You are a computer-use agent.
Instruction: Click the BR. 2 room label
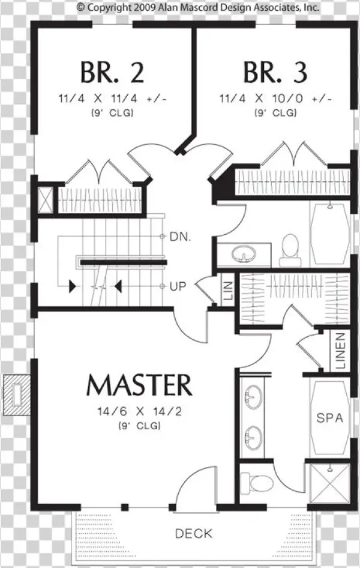(x=112, y=73)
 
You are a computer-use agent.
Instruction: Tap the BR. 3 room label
(x=275, y=73)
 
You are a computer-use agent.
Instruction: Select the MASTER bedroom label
(x=139, y=385)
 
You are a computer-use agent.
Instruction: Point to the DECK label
(x=194, y=534)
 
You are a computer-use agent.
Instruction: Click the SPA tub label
(x=329, y=418)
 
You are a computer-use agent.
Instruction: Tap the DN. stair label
(x=180, y=237)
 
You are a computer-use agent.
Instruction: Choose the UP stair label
(x=178, y=286)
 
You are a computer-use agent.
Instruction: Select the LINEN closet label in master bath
(x=340, y=351)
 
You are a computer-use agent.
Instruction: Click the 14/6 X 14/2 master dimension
(x=139, y=411)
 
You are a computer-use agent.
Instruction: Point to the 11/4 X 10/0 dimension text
(x=275, y=98)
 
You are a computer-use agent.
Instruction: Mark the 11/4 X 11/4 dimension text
(x=112, y=98)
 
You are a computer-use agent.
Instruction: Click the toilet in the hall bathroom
(x=290, y=250)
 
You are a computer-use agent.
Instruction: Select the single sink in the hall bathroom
(x=244, y=254)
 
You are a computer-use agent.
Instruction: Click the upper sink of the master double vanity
(x=254, y=397)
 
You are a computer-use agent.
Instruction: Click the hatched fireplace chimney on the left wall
(x=17, y=395)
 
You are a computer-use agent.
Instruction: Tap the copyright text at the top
(x=198, y=7)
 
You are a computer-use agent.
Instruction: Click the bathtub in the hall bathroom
(x=329, y=234)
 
